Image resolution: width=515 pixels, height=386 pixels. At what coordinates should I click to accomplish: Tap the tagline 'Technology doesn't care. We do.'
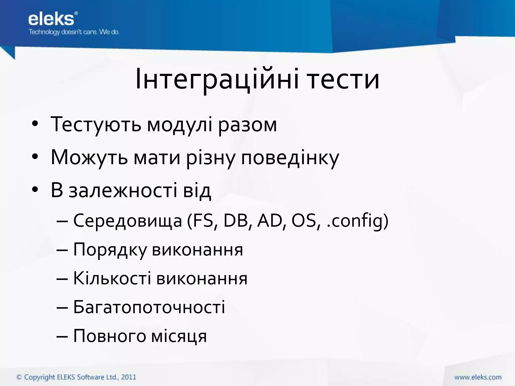click(x=74, y=32)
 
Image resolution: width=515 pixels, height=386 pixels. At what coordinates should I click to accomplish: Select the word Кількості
click(x=112, y=279)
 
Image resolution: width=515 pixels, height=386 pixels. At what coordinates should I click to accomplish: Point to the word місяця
click(x=179, y=336)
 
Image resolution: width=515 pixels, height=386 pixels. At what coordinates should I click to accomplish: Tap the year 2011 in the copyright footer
click(x=128, y=377)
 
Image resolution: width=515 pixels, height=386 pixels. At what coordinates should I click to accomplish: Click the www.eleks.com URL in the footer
click(x=478, y=377)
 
